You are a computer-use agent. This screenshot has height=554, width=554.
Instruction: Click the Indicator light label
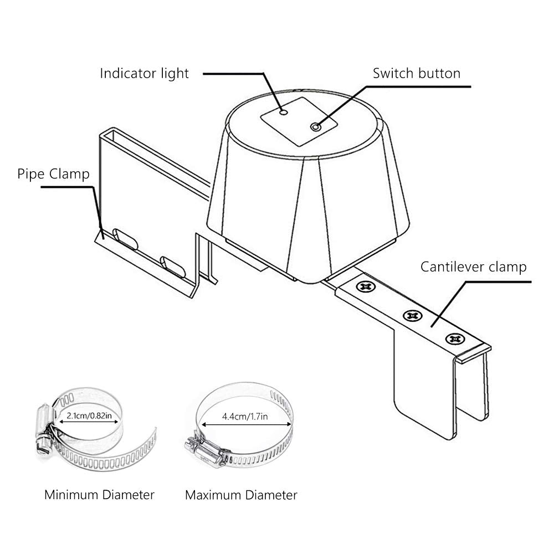[144, 73]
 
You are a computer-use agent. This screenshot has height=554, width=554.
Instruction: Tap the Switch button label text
[416, 73]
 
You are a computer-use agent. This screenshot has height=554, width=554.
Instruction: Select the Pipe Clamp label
[53, 175]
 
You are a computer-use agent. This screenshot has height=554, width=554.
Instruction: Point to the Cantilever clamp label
[473, 267]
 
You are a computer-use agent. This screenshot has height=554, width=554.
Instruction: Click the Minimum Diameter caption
[99, 494]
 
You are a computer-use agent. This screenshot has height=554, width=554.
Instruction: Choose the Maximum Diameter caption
[241, 494]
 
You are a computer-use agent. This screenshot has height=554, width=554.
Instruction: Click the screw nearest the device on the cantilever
[364, 286]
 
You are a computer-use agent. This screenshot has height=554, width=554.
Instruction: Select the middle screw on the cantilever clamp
[411, 315]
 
